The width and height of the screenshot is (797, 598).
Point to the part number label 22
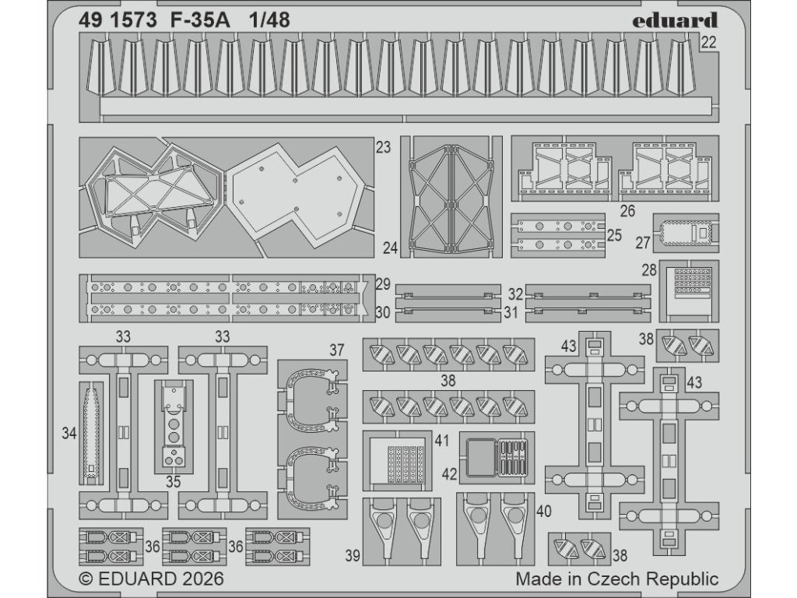coord(707,44)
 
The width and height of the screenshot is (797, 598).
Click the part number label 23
coord(382,147)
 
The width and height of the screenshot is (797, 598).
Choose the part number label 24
coord(391,248)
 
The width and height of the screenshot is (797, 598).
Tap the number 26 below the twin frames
coord(628,210)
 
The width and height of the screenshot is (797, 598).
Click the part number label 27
coord(642,243)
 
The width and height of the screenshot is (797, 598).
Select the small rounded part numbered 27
coord(685,232)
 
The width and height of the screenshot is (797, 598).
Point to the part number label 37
coord(335,350)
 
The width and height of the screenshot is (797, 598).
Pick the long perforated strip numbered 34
coord(90,433)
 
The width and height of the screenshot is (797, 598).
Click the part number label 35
coord(173,482)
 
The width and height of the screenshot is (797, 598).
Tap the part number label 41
coord(442,441)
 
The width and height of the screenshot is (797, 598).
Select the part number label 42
coord(450,473)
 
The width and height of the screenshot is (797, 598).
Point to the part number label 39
coord(353,554)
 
